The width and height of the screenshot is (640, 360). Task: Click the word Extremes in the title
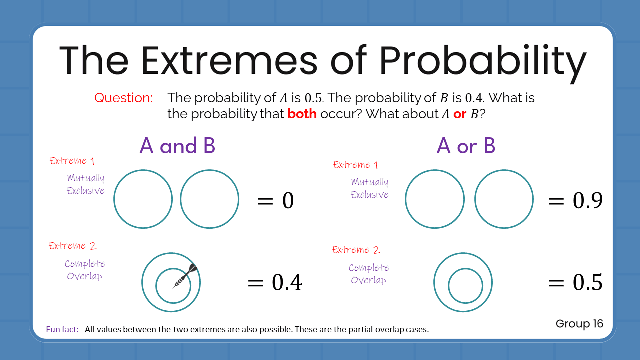point(229,60)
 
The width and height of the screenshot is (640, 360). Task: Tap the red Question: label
point(123,98)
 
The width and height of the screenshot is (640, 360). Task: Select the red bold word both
point(302,114)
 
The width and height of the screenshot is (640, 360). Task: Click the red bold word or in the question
point(459,114)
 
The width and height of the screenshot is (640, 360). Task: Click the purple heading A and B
point(177,145)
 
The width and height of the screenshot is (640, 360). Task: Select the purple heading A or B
point(466,145)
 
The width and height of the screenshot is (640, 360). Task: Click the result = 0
point(275,201)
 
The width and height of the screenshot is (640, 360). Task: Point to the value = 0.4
point(275,283)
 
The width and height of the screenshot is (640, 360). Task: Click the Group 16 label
point(579,324)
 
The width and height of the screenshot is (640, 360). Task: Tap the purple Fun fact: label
point(62,329)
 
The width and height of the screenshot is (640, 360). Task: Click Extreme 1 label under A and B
point(72,161)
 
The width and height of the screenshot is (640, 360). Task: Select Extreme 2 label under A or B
point(356,250)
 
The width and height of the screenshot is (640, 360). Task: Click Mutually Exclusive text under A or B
point(369,188)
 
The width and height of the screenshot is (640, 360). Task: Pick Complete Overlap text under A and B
point(85,270)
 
